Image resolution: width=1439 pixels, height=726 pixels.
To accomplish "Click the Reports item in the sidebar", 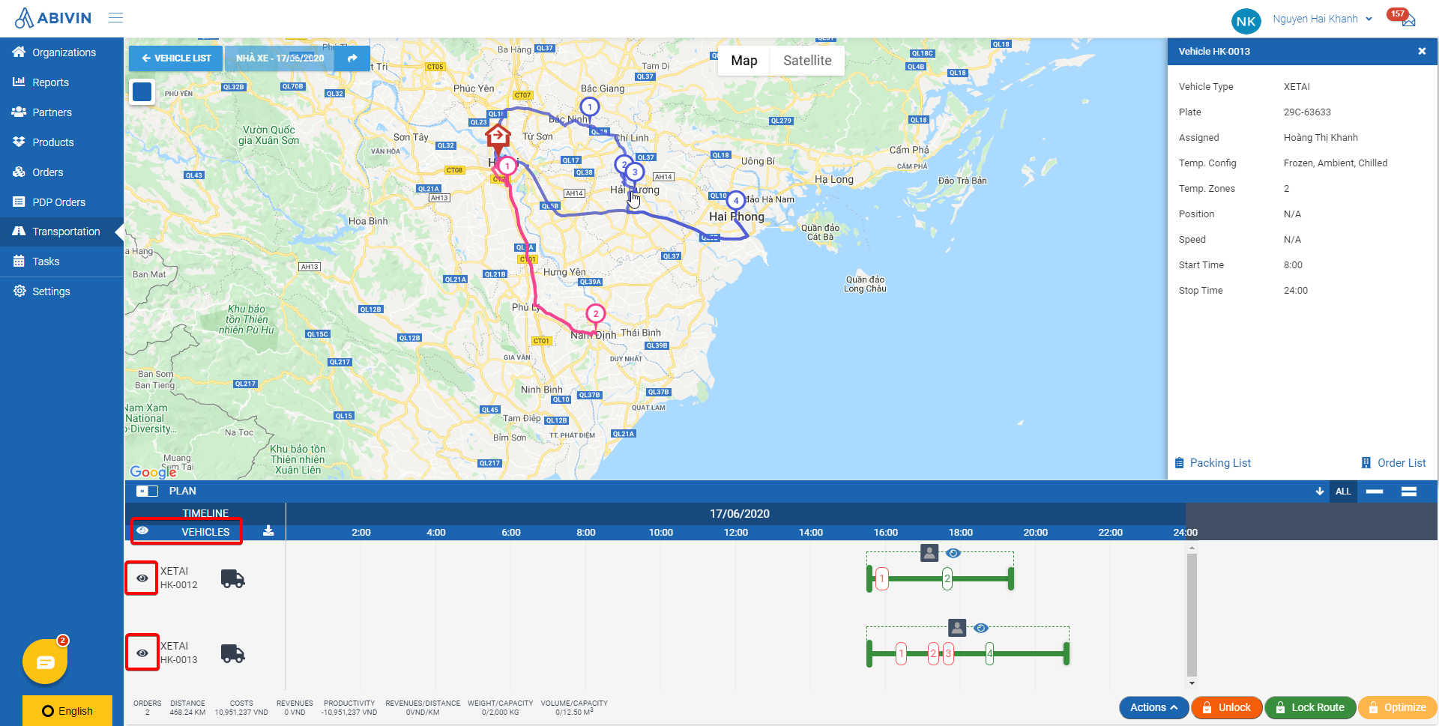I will click(50, 82).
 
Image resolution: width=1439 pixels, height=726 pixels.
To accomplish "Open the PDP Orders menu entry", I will click(58, 202).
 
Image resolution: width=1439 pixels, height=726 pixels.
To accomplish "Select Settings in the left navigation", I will click(51, 291).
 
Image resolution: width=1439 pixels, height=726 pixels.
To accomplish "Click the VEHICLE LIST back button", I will click(176, 58).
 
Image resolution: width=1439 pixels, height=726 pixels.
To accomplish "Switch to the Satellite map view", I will click(806, 61).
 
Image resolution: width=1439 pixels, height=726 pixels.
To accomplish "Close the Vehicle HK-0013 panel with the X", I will click(1421, 51).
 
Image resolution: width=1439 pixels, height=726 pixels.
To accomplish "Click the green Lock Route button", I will click(1310, 707).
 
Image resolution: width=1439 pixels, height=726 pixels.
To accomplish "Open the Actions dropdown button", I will click(1153, 707).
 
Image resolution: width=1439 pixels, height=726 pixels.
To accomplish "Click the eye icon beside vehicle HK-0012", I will click(142, 578).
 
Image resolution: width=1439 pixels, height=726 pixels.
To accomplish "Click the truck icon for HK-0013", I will click(232, 654).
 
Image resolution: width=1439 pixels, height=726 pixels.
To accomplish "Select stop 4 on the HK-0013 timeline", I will click(989, 654).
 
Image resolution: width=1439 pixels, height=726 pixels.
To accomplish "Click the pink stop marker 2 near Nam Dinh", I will click(595, 314).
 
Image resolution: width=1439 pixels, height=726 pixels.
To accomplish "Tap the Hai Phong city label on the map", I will click(736, 217).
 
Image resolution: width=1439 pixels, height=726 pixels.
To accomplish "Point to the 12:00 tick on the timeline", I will click(736, 533).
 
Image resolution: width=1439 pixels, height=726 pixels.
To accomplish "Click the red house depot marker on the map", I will click(498, 137).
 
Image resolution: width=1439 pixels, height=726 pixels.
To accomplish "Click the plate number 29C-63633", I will click(1307, 112).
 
